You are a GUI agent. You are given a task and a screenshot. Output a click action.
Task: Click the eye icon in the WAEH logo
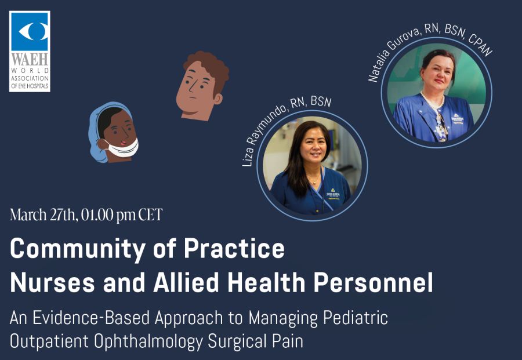click(33, 31)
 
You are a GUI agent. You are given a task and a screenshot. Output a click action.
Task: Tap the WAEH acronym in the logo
click(30, 59)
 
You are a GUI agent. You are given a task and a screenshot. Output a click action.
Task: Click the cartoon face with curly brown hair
click(202, 86)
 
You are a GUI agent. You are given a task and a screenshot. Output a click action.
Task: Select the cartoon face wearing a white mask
click(113, 132)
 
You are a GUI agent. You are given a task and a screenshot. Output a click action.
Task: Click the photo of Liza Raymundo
click(312, 165)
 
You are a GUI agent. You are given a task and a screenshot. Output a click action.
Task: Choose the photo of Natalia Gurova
click(436, 93)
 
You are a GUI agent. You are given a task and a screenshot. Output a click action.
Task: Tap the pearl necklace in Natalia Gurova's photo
click(431, 101)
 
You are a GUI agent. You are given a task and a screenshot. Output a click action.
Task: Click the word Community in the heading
click(78, 249)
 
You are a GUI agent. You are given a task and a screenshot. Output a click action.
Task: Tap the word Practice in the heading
click(234, 248)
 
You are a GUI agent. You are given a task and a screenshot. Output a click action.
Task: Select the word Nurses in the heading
click(53, 282)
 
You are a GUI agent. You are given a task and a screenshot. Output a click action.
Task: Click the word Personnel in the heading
click(374, 282)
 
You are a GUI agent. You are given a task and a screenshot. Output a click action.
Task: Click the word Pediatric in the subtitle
click(356, 318)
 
